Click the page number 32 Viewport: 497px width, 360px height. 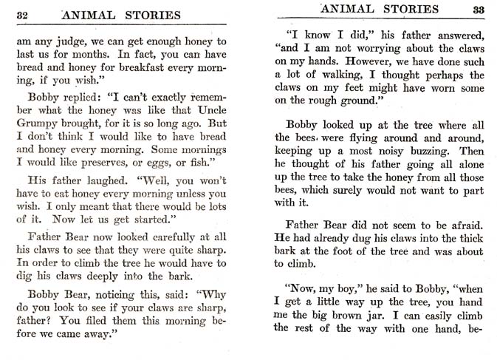pos(22,14)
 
